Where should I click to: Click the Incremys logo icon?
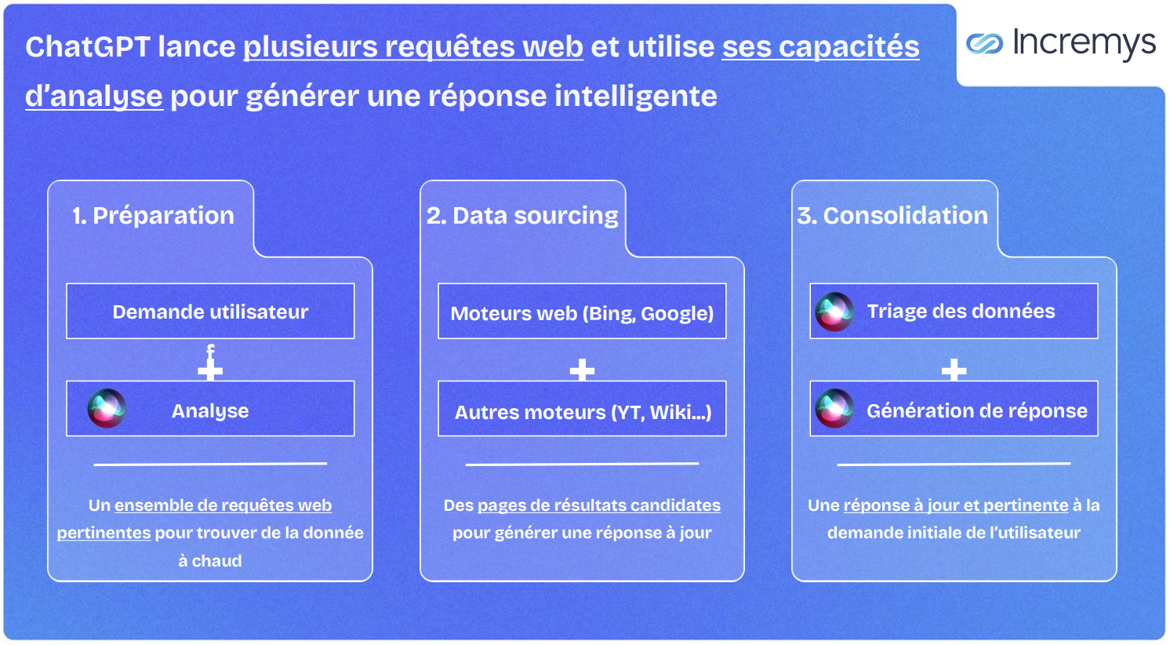[984, 43]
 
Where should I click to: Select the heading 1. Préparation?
[153, 216]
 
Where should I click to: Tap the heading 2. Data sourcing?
[522, 216]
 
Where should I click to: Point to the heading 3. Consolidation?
[892, 216]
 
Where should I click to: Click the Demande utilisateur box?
[210, 312]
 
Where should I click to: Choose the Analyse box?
[210, 410]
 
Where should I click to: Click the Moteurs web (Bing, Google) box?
[582, 313]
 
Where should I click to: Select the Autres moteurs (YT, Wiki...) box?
[582, 411]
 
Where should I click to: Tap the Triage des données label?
[961, 312]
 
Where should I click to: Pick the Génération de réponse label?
[976, 410]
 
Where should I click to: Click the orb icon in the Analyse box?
[107, 408]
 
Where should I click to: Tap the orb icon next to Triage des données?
[834, 312]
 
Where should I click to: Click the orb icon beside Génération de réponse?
[834, 408]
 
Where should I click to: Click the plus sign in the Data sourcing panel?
[582, 370]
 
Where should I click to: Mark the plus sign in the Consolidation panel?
[954, 370]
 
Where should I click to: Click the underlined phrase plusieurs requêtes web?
[413, 47]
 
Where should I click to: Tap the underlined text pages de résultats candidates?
[599, 505]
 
